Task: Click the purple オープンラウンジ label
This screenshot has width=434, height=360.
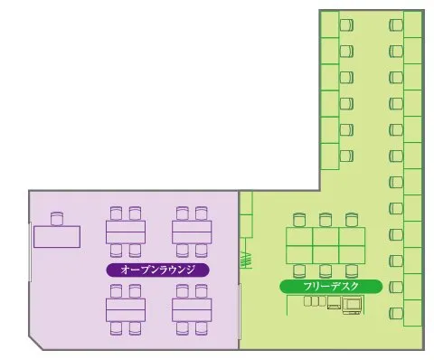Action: click(157, 270)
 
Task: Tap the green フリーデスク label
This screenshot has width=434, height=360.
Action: click(331, 287)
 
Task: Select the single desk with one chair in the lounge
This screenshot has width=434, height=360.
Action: click(57, 237)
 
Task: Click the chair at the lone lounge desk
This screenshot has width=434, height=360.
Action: click(57, 219)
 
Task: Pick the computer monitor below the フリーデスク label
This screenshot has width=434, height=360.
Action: click(352, 305)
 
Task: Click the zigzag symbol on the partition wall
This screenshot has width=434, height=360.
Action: click(246, 261)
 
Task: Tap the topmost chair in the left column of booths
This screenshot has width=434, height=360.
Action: click(346, 25)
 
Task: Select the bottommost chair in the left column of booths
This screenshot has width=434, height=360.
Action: click(346, 156)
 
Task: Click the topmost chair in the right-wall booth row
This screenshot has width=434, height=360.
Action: click(396, 25)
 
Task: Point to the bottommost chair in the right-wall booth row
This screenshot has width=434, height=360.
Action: click(396, 313)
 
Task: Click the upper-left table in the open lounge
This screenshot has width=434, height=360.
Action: click(126, 232)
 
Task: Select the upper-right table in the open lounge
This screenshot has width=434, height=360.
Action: click(192, 232)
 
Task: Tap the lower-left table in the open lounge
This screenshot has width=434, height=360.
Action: click(126, 310)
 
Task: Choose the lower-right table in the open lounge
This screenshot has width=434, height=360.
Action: click(192, 310)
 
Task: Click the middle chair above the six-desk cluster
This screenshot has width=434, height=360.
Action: click(325, 220)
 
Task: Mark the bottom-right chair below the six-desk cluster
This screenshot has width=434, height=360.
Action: click(352, 270)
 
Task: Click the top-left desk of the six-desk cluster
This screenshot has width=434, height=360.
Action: click(299, 237)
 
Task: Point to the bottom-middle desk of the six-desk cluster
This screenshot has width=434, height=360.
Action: click(325, 255)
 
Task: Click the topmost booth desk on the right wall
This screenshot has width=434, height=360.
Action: click(412, 24)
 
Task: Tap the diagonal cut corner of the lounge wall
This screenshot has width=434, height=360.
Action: click(36, 343)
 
